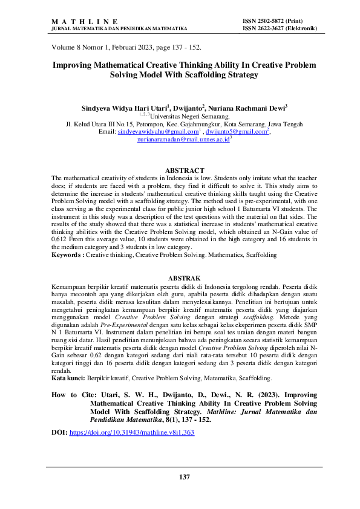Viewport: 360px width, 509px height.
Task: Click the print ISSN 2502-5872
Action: pos(275,21)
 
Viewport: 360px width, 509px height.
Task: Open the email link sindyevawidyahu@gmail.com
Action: pos(159,131)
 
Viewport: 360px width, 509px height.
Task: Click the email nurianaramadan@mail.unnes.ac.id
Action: pos(183,140)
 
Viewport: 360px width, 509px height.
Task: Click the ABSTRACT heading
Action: pos(185,170)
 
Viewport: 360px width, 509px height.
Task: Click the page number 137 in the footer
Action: pos(185,478)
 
